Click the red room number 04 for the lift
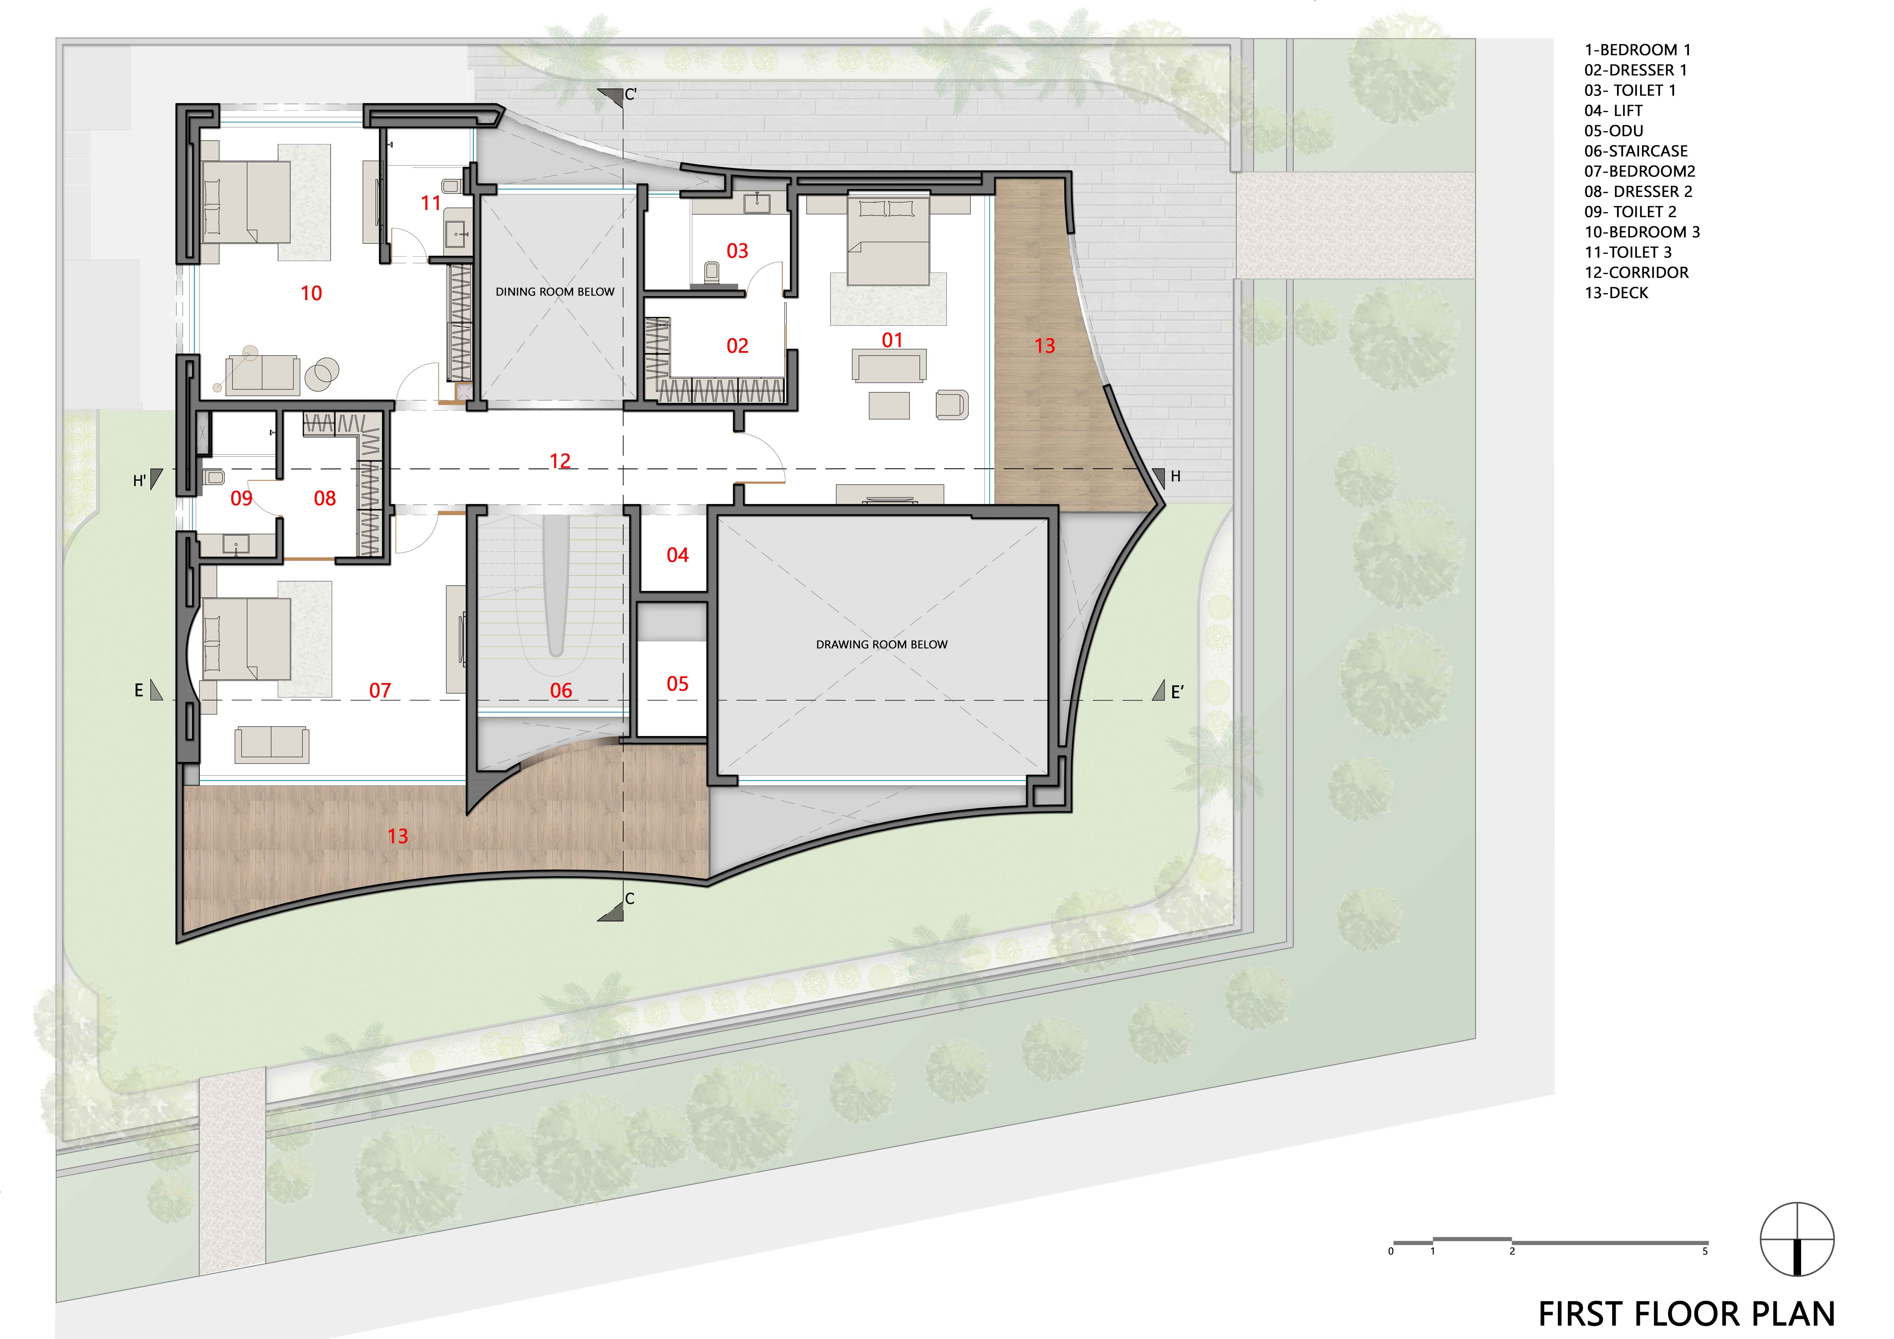tap(677, 555)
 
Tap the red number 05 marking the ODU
tap(677, 684)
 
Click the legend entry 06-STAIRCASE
tap(1635, 151)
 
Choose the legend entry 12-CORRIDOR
tap(1636, 272)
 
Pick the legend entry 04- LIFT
tap(1613, 111)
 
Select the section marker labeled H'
tap(148, 479)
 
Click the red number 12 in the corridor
tap(560, 461)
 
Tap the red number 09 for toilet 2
tap(241, 498)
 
